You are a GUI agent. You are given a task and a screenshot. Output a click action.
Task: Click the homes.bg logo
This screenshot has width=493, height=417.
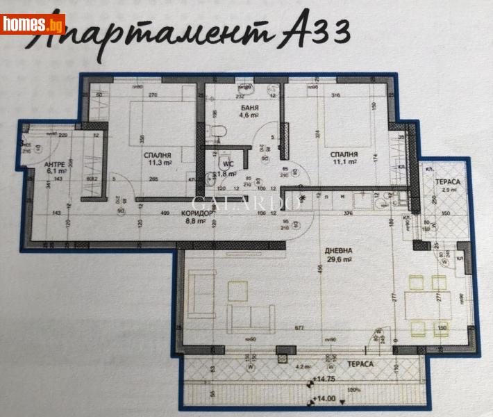point(33,24)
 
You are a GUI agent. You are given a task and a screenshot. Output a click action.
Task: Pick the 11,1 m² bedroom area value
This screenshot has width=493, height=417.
point(344,162)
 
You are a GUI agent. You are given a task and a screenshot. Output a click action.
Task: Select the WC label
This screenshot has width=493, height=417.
point(227,165)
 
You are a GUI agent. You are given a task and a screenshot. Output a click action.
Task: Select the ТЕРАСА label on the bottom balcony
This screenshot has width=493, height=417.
point(360,363)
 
